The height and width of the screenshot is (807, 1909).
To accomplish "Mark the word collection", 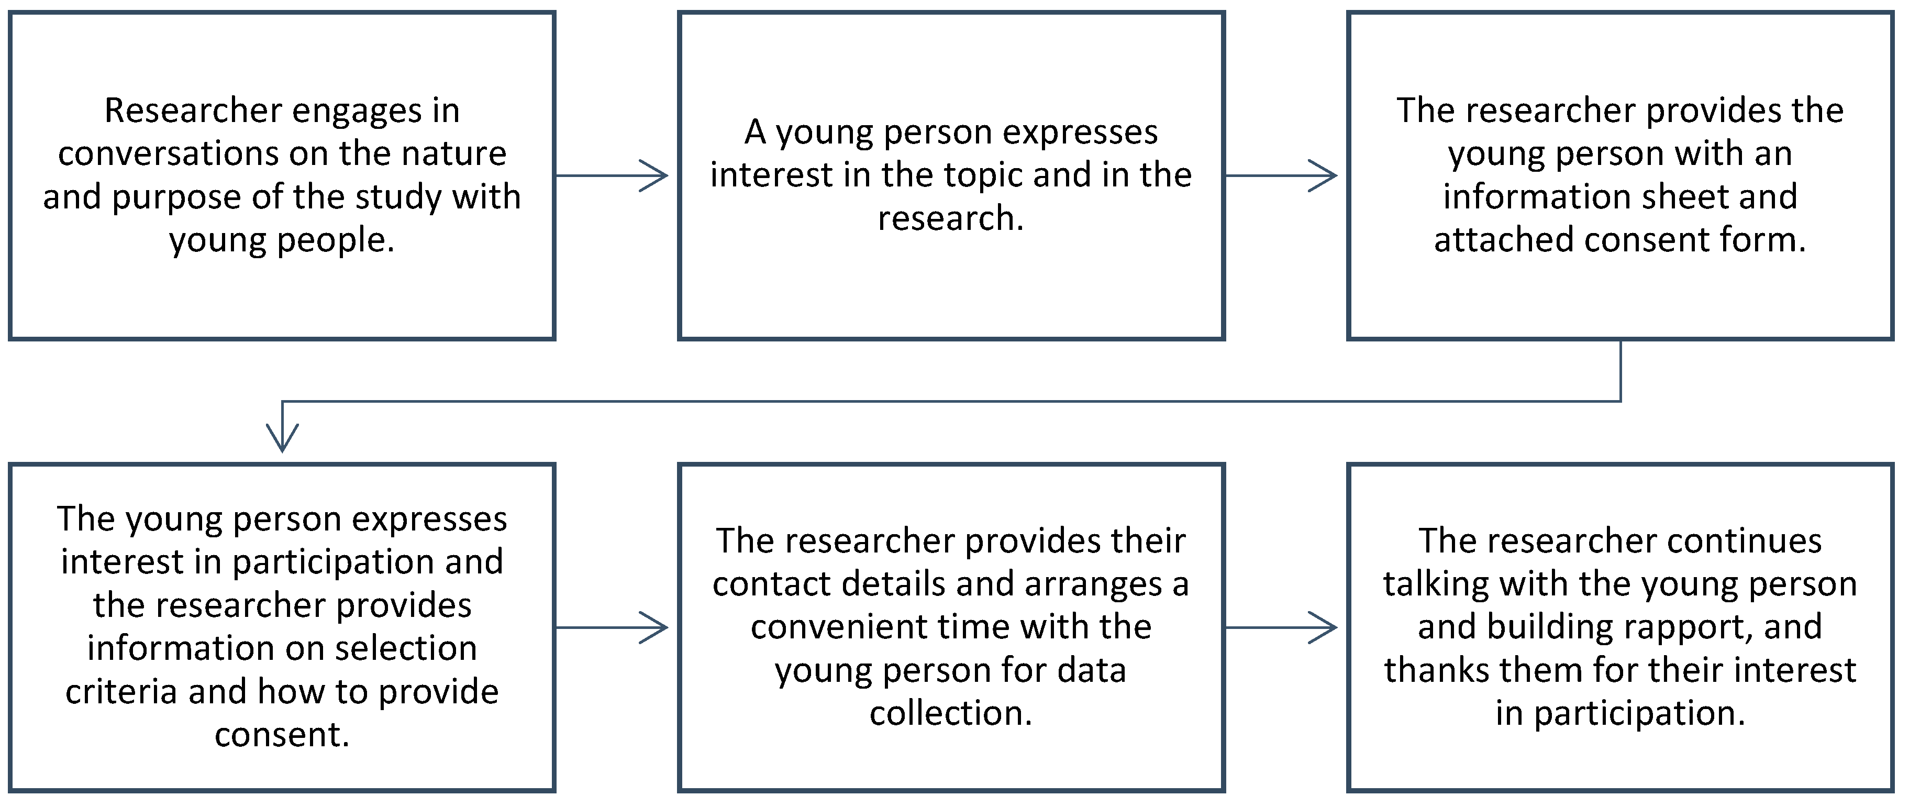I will (950, 713).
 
